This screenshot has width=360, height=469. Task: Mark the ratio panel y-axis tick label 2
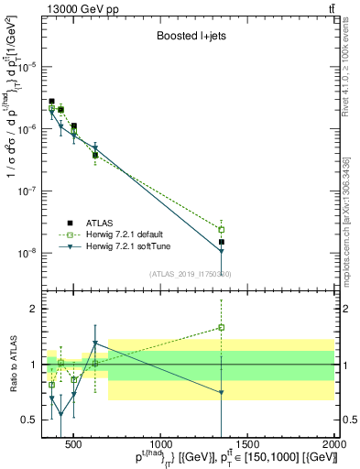click(34, 309)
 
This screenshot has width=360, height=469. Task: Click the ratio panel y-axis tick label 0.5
click(29, 420)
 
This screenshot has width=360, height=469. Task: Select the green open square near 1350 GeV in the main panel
click(221, 229)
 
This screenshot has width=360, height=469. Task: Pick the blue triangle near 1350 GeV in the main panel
click(221, 252)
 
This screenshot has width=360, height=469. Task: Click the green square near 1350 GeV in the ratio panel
click(221, 327)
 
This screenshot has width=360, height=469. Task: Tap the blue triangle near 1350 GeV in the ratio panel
click(221, 393)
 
